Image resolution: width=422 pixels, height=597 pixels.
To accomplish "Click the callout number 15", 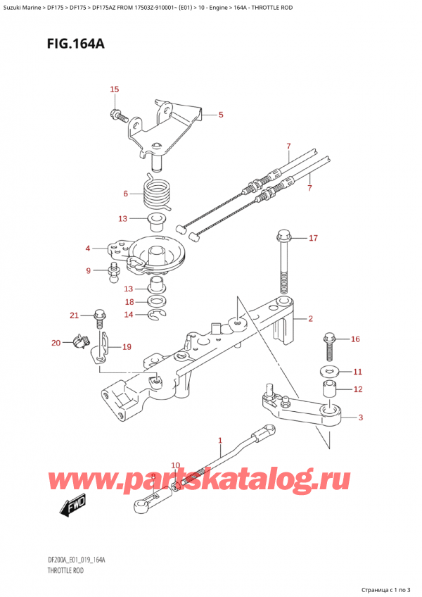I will [115, 89].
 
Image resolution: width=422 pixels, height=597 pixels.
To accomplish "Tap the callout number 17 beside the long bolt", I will [314, 238].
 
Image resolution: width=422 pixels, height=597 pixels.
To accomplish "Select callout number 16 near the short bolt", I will [355, 339].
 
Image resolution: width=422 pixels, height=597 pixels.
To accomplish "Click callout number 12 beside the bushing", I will [357, 389].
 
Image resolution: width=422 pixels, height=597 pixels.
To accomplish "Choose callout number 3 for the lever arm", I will [361, 418].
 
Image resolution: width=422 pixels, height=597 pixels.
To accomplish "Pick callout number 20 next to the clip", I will [56, 343].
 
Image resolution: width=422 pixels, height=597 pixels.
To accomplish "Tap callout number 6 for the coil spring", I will [126, 194].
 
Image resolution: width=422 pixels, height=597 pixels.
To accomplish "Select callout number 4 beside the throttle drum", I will [88, 247].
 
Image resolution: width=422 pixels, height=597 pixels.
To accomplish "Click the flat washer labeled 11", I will [328, 371].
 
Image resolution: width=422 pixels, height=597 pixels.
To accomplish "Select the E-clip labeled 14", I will [158, 315].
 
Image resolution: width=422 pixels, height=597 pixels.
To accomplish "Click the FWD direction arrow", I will [72, 507].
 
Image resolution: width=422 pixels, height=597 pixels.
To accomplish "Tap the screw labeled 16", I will [328, 344].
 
